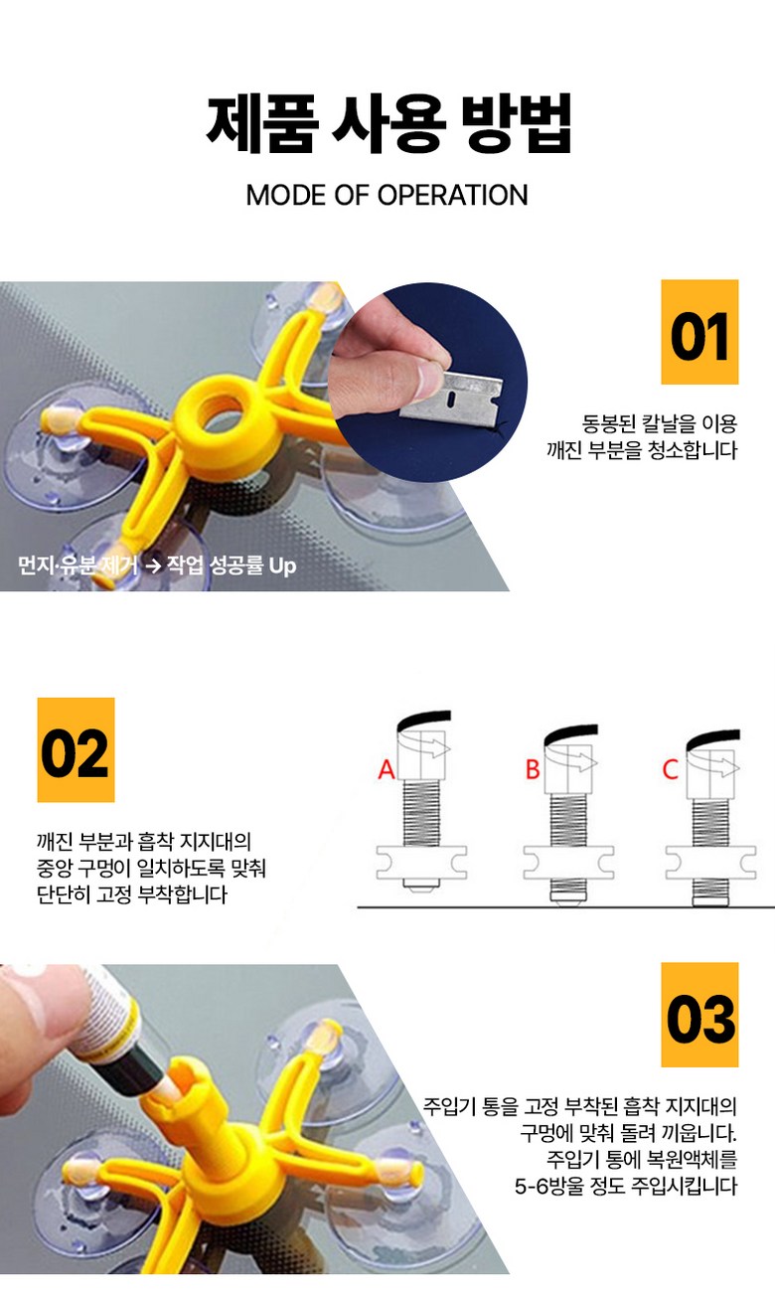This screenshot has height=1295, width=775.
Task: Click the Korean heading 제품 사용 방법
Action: coord(388,123)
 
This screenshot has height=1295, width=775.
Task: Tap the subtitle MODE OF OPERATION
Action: coord(387,196)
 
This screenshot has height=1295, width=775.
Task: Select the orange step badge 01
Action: coord(699,332)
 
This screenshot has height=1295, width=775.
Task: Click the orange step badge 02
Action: coord(76,749)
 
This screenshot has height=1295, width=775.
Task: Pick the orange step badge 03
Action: coord(699,1015)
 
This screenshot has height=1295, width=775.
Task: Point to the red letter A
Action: coord(387,769)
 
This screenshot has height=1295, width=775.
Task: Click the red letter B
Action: coord(533,769)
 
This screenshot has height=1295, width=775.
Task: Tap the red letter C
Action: coord(671,769)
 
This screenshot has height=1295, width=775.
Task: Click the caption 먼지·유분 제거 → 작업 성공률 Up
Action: coord(157,565)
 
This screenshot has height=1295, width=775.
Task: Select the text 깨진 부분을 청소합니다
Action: coord(642,450)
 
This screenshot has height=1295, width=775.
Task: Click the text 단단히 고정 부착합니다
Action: coord(132,893)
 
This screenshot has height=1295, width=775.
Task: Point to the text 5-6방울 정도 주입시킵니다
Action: coord(626,1186)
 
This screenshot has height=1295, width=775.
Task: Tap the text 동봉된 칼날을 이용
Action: coord(659,423)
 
